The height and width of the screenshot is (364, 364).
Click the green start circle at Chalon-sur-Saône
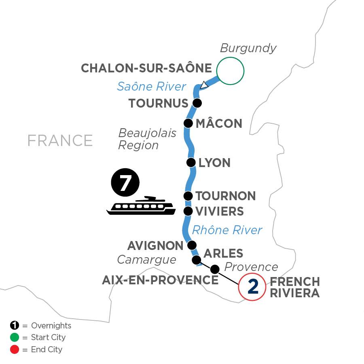pos(231,71)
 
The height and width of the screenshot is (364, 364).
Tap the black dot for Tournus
pos(197,103)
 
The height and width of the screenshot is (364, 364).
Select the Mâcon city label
pos(218,123)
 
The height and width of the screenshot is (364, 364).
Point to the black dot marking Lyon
pos(190,163)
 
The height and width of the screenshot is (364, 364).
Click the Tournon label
pos(225,196)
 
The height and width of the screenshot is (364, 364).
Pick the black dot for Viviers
pos(188,211)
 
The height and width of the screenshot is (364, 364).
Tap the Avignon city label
pos(155,245)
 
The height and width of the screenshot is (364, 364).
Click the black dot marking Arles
pos(196,259)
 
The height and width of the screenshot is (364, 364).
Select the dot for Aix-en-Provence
pos(215,269)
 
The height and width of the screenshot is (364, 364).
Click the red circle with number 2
pos(252,287)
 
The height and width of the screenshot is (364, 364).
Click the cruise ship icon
pos(141,206)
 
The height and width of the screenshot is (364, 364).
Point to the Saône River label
pos(151,86)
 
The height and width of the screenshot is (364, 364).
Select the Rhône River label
pos(227,230)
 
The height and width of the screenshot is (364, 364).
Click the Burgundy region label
pos(248,48)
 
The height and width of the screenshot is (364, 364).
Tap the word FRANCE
pos(60,140)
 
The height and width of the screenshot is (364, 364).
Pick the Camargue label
pos(146,259)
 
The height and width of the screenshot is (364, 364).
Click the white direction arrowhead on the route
pos(204,85)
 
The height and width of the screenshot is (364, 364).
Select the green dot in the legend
pos(14,337)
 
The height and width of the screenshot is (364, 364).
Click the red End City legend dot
pos(14,349)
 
